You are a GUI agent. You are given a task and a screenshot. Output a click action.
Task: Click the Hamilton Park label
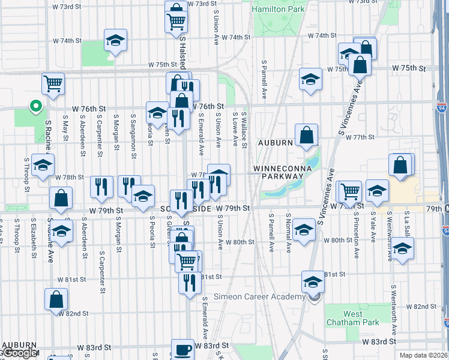point(279,10)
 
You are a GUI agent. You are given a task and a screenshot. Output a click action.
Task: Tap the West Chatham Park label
point(361,318)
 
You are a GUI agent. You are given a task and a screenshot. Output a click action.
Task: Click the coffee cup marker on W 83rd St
point(182,349)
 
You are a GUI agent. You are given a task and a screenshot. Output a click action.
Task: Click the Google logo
point(19,353)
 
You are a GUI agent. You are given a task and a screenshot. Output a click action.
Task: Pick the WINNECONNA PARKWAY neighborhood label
point(282,173)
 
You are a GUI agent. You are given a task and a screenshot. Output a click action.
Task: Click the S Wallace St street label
point(245,129)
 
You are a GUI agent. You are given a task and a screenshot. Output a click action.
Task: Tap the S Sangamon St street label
point(133,129)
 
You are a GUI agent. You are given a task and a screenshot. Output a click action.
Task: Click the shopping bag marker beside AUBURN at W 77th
point(306,135)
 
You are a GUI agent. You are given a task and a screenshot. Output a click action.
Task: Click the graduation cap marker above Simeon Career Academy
point(313,281)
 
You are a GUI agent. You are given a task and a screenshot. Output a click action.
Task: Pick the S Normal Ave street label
point(289,233)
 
